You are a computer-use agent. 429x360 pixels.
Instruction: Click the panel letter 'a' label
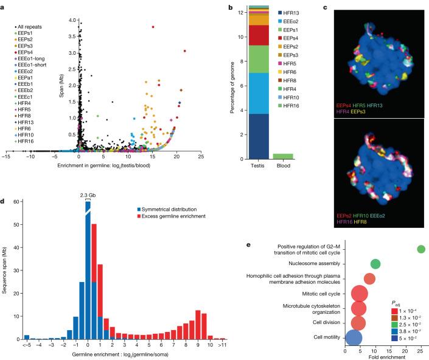coord(4,5)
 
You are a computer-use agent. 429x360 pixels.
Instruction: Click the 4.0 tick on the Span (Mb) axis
coord(73,20)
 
